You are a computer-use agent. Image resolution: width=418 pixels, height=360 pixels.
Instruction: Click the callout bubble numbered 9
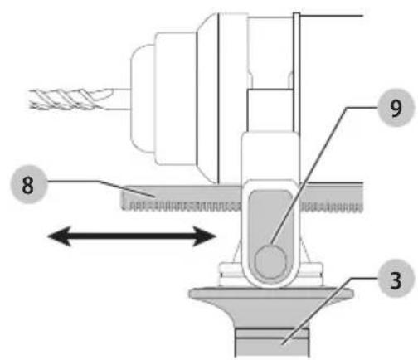pos(396,108)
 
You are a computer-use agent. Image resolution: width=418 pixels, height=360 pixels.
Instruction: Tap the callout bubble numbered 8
pos(29,184)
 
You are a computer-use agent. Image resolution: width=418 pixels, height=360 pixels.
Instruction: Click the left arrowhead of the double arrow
pos(60,236)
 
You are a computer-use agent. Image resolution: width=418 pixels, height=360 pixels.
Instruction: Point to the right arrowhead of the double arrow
pos(205,236)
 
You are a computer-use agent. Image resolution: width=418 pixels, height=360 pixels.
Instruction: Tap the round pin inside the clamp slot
pos(270,261)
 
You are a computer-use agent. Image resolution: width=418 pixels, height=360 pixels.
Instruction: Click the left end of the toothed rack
pos(122,199)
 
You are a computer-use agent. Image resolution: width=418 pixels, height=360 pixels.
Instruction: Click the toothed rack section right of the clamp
pos(331,197)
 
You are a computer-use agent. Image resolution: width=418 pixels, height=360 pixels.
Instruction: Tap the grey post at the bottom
pos(272,343)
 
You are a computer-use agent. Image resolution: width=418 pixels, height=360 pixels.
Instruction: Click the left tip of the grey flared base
pos(190,294)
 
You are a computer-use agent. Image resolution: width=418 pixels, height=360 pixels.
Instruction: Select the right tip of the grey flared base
pos(352,294)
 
